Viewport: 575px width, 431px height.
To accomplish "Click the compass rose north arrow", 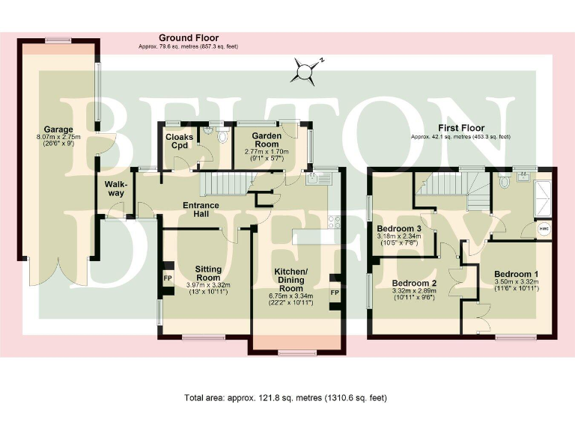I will click(305, 70).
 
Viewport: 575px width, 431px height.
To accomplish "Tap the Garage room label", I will click(58, 129).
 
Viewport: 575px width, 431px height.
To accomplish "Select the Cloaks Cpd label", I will click(178, 141).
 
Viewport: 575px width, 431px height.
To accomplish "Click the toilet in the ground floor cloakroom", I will click(221, 136).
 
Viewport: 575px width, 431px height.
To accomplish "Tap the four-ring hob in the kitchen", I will click(335, 221).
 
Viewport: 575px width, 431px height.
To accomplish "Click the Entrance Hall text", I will click(201, 210).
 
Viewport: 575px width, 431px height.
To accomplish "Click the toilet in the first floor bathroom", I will click(504, 181).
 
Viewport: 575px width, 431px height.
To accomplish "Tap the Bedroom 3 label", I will click(399, 229).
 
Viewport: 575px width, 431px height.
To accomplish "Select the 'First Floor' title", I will click(460, 129).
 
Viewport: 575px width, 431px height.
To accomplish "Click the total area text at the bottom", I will click(285, 397).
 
